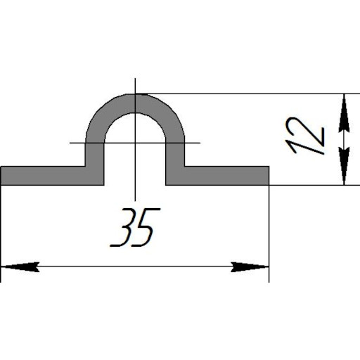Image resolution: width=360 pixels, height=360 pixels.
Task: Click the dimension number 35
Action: click(135, 227)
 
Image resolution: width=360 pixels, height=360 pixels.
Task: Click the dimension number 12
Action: click(304, 136)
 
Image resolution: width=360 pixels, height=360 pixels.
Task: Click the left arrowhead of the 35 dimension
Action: click(20, 266)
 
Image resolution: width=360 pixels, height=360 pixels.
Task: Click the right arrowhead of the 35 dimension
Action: click(250, 266)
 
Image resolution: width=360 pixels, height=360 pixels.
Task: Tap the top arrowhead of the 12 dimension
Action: click(344, 113)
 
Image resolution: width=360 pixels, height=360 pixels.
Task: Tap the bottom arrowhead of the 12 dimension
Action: click(344, 166)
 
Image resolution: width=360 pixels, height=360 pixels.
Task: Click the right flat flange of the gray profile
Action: click(226, 176)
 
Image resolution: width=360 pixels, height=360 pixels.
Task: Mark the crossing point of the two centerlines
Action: click(135, 143)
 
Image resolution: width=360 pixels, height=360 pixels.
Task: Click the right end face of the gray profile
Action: click(269, 176)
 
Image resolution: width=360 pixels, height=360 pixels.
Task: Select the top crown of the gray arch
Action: click(135, 103)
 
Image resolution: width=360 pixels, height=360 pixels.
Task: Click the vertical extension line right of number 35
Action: click(269, 233)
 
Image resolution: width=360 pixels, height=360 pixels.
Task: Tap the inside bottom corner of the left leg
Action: click(104, 185)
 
